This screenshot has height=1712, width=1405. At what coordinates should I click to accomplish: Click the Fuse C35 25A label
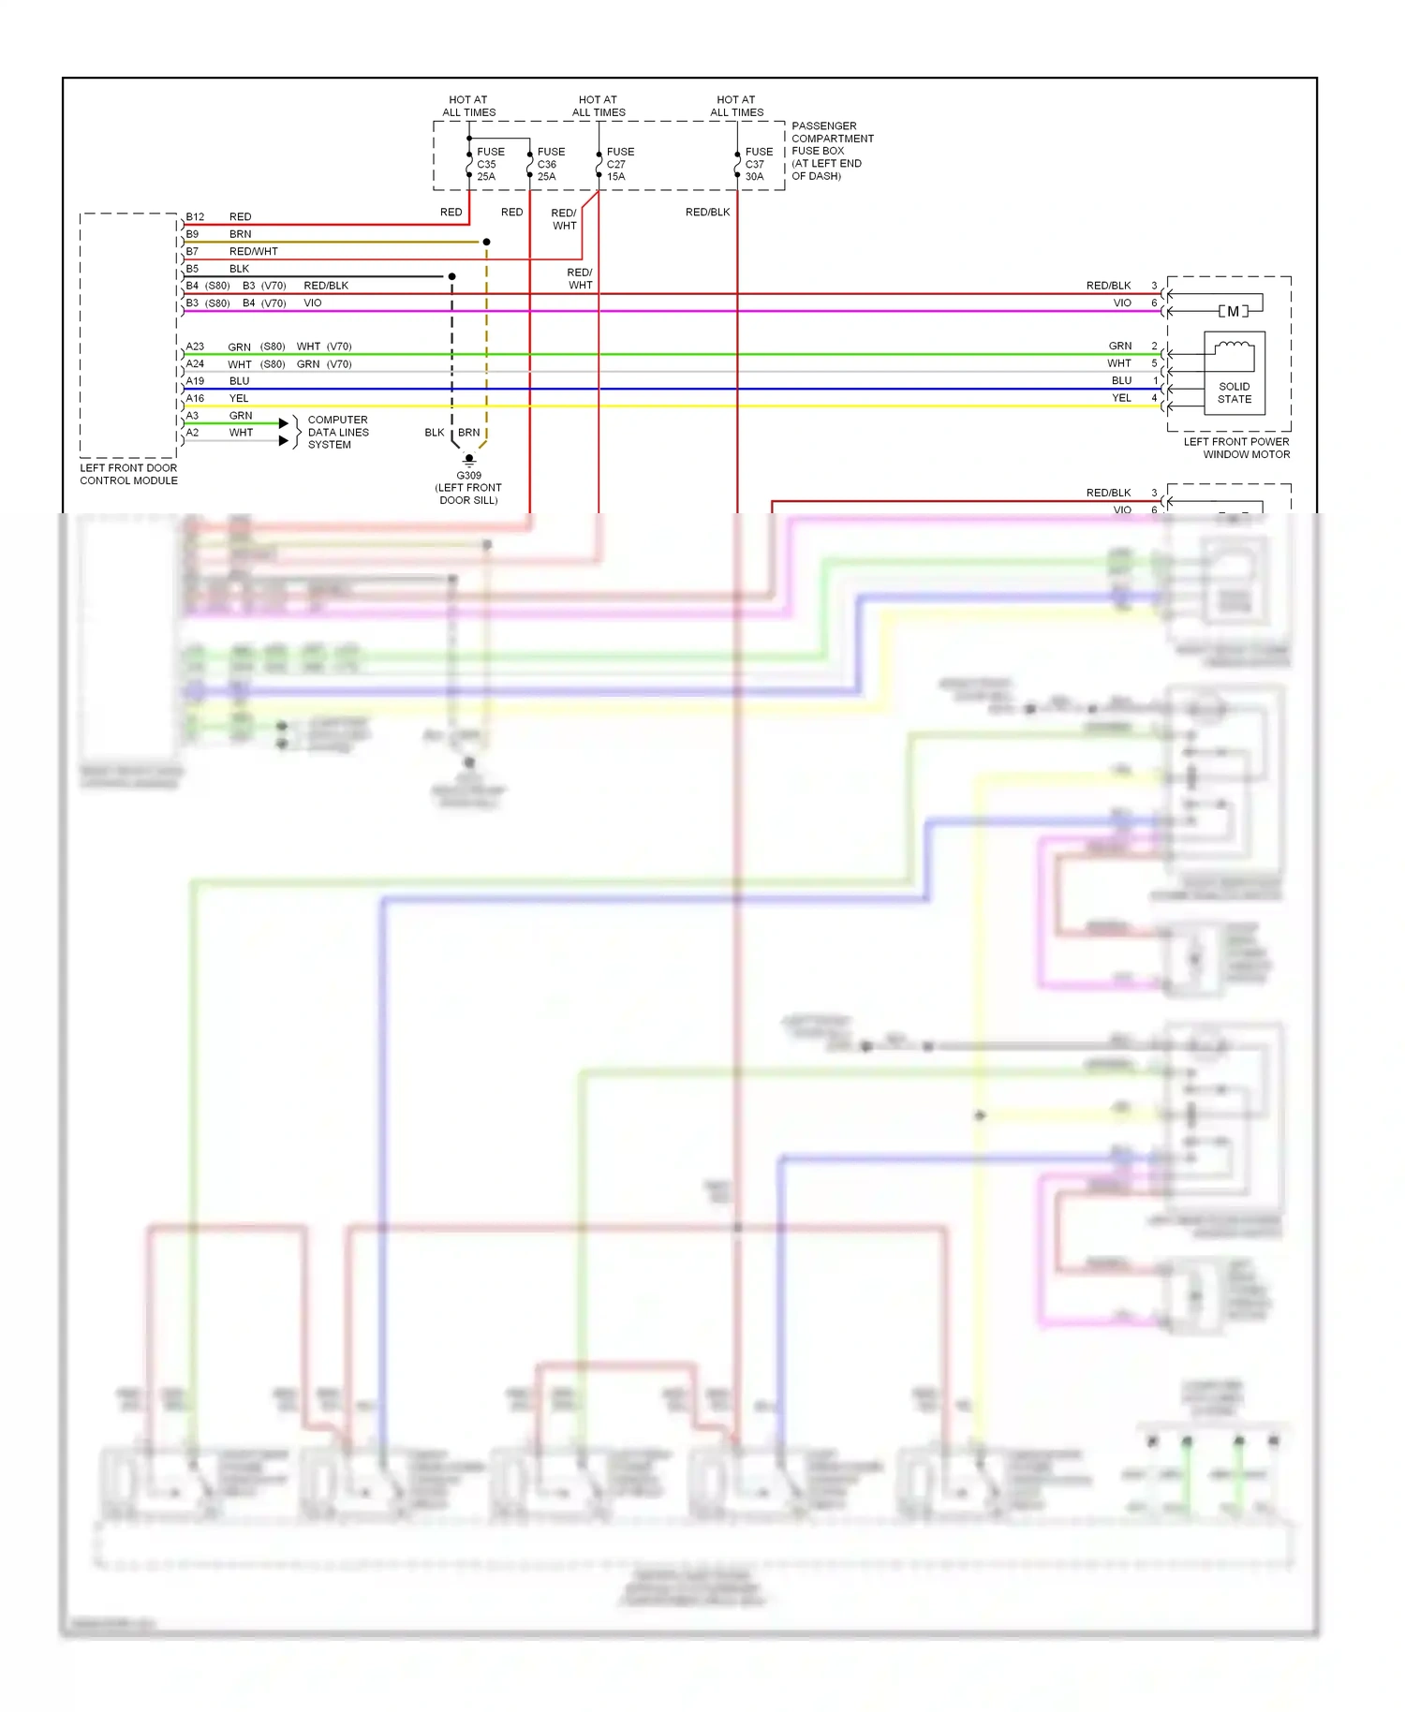490,164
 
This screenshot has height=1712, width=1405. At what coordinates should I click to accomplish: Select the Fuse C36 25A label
551,164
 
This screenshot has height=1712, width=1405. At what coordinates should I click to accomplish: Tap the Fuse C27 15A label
620,164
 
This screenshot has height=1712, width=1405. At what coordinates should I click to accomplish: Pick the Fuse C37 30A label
759,164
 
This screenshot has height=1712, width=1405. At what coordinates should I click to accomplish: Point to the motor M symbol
1233,311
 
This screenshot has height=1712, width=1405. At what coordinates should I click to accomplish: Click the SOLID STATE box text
1234,392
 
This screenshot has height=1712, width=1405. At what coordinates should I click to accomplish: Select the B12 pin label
195,216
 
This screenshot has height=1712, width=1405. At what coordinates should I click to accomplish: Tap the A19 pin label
195,381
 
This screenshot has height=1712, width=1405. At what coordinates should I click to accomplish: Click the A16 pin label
195,398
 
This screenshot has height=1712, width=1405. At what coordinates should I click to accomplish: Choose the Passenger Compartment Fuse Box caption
832,151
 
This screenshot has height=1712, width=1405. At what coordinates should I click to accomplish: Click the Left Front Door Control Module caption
128,474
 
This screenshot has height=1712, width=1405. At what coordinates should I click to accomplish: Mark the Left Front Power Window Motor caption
1236,448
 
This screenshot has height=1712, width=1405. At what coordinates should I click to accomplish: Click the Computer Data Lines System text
337,432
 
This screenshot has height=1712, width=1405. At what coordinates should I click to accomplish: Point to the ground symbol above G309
469,461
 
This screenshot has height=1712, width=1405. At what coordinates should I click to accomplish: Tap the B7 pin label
192,251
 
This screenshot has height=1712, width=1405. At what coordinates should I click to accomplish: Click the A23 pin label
195,347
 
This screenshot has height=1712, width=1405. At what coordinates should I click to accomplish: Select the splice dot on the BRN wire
486,242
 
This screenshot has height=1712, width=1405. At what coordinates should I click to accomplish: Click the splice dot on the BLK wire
451,276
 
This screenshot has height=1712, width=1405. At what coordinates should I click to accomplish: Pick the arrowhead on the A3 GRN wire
284,423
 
